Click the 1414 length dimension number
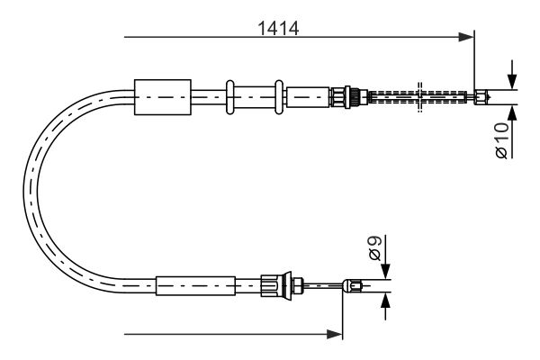pyautogui.click(x=278, y=28)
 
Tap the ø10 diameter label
pyautogui.click(x=502, y=140)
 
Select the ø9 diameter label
pyautogui.click(x=374, y=247)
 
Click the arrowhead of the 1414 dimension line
pyautogui.click(x=466, y=37)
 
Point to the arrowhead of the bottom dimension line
pyautogui.click(x=335, y=334)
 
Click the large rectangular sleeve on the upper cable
pyautogui.click(x=163, y=97)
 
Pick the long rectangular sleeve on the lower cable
pyautogui.click(x=195, y=286)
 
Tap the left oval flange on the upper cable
pyautogui.click(x=230, y=97)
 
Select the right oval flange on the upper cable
pyautogui.click(x=279, y=97)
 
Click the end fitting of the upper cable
pyautogui.click(x=481, y=97)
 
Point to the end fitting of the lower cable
pyautogui.click(x=353, y=286)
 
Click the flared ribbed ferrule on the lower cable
pyautogui.click(x=276, y=284)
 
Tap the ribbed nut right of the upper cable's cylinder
pyautogui.click(x=340, y=97)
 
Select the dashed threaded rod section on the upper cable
pyautogui.click(x=418, y=97)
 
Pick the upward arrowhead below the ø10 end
pyautogui.click(x=512, y=112)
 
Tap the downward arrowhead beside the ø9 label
pyautogui.click(x=386, y=271)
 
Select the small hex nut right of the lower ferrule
pyautogui.click(x=298, y=285)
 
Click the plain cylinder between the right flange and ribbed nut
pyautogui.click(x=308, y=97)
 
